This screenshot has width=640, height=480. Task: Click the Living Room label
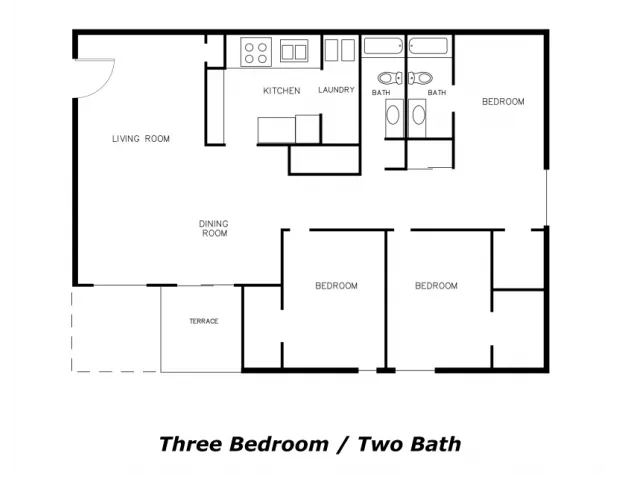tap(141, 139)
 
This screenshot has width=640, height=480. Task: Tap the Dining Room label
tap(214, 229)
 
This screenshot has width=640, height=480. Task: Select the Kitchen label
tap(282, 91)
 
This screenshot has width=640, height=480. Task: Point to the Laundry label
tap(336, 90)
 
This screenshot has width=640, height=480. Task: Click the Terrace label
tap(204, 321)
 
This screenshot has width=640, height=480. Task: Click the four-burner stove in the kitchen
tap(256, 52)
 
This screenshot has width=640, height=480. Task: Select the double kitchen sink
tap(294, 51)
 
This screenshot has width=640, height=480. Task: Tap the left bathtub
tap(383, 46)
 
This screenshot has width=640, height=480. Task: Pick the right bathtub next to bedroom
tap(429, 46)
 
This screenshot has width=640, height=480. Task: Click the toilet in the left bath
tap(390, 78)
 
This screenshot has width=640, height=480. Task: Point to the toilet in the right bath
tap(421, 78)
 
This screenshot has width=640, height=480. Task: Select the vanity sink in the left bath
tap(393, 116)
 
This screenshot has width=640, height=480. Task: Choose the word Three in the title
tap(192, 444)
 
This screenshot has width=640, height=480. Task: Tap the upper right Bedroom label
tap(503, 102)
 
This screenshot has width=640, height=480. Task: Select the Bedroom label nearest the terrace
tap(336, 286)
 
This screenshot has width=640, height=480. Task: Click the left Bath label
tap(381, 93)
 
